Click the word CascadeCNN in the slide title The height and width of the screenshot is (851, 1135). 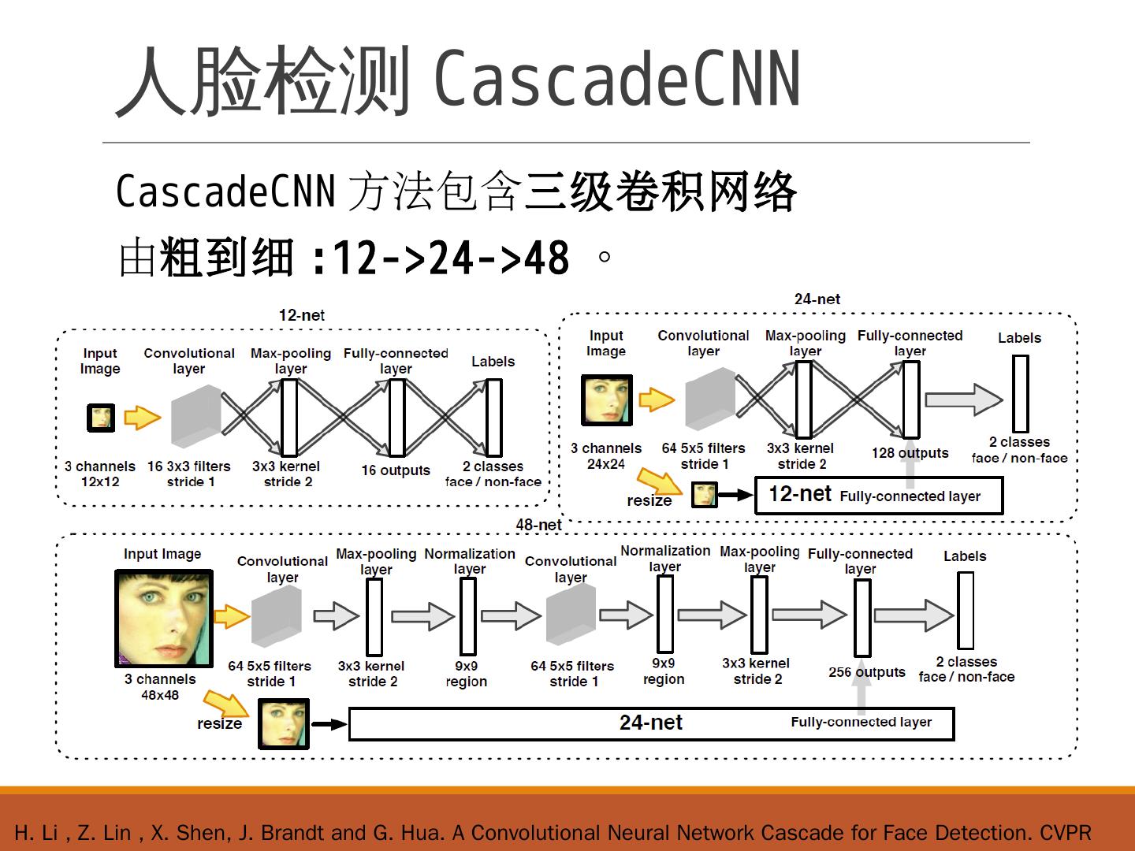tap(617, 80)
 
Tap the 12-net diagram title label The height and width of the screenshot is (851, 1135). tap(301, 315)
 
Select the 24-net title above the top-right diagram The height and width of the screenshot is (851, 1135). tap(817, 299)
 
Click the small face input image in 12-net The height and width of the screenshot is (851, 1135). tap(101, 418)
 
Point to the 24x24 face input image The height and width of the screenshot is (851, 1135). tap(606, 400)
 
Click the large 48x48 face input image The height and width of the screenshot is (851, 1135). tap(164, 618)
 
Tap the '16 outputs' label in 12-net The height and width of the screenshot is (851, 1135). tap(396, 470)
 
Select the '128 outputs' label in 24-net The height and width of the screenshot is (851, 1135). tap(910, 453)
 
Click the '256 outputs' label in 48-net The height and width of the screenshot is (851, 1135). tap(866, 672)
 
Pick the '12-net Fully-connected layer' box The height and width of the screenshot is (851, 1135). tap(878, 496)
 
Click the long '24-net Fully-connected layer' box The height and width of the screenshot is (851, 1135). tap(651, 723)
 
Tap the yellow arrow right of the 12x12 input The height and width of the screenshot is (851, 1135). tap(142, 417)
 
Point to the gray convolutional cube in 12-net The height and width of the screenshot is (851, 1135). tap(195, 417)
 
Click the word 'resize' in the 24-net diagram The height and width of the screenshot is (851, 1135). tap(649, 500)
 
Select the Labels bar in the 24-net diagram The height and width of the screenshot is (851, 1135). tap(1020, 393)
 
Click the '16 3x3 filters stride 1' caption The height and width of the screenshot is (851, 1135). tap(189, 474)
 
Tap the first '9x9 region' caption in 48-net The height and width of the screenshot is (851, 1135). tap(466, 674)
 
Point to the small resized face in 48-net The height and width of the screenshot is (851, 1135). tap(284, 724)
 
